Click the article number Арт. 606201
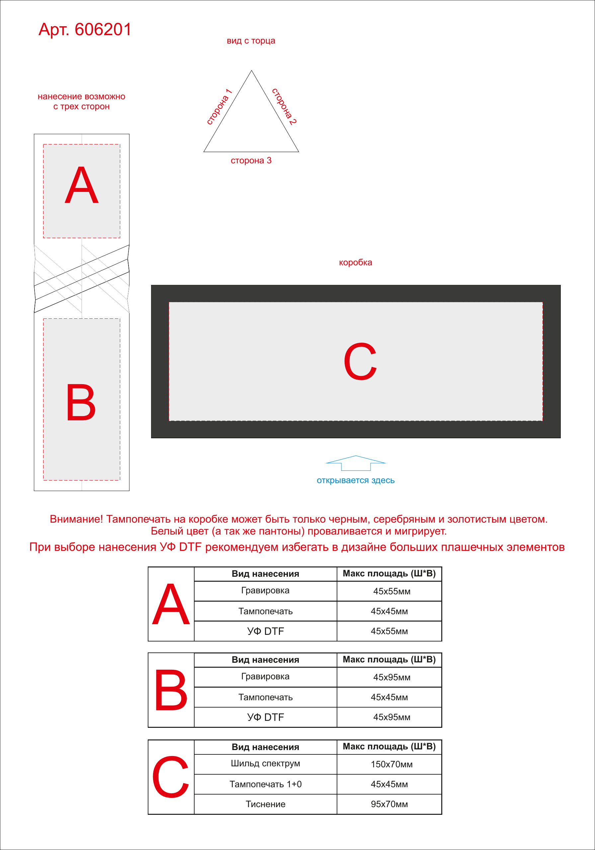85,29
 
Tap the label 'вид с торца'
251,41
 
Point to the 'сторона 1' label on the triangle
219,107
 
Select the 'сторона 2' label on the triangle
284,106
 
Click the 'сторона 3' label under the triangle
251,160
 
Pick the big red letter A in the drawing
81,185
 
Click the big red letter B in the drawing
81,402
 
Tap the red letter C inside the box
360,361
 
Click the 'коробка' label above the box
356,263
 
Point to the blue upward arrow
356,463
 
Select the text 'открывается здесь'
356,480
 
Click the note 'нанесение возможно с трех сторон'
81,102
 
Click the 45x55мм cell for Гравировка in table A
392,591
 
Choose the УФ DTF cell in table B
266,717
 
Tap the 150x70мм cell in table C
392,764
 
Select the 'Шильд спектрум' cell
266,763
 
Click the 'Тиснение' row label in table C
266,804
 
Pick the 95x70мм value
389,804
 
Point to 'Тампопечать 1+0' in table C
266,784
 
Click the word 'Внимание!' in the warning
76,519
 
